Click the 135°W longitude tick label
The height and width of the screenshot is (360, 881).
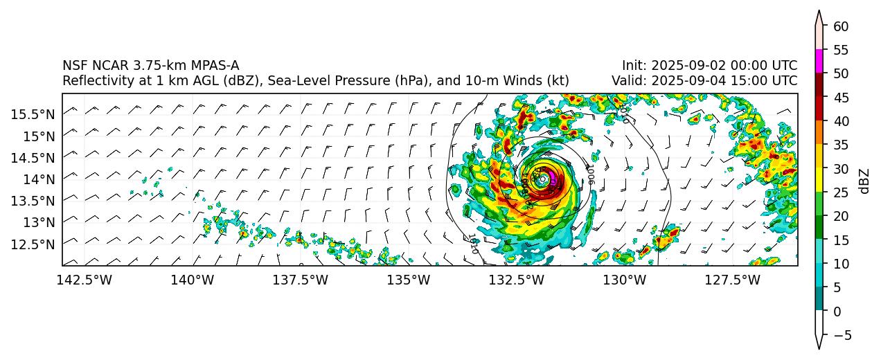pos(409,280)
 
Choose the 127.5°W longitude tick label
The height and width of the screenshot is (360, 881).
pos(733,280)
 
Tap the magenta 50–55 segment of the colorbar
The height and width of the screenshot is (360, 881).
pos(819,61)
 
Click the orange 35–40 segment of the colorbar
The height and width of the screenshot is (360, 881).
pos(819,132)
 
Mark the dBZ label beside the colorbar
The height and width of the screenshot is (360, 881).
pos(865,181)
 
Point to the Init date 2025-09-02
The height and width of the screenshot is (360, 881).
pos(684,66)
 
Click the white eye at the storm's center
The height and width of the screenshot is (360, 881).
pos(542,179)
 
